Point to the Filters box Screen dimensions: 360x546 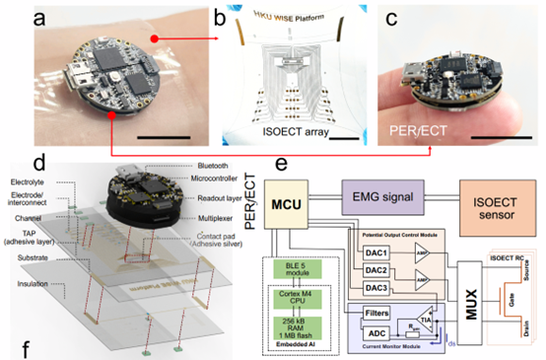click(374, 311)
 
